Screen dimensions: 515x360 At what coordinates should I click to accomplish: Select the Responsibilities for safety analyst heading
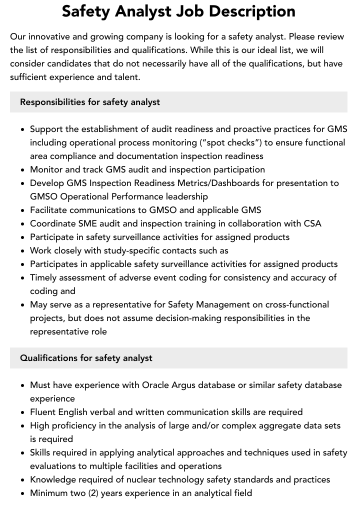tap(90, 102)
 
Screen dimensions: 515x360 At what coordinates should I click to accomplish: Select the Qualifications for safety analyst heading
tap(86, 358)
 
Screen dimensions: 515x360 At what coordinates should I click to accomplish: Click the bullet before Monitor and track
tap(23, 169)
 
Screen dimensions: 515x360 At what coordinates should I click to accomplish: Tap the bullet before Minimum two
tap(23, 493)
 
